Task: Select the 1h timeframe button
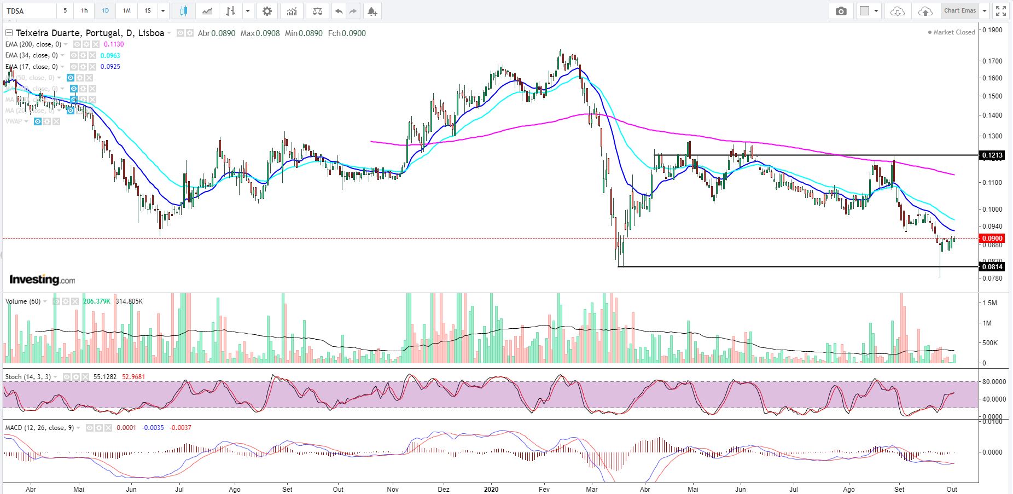84,11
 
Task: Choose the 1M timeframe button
126,11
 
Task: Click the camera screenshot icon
841,11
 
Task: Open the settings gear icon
267,11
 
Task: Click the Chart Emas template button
959,11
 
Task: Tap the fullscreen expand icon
1001,11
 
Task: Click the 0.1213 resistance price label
992,155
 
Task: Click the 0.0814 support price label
992,267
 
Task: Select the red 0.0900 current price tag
992,239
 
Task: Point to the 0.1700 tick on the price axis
992,61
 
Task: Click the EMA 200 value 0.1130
114,44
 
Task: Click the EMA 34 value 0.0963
110,55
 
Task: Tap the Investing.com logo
42,280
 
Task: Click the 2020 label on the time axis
491,489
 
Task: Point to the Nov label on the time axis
393,489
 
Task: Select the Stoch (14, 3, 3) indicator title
28,377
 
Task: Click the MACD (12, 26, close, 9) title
39,428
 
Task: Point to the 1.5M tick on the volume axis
990,303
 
